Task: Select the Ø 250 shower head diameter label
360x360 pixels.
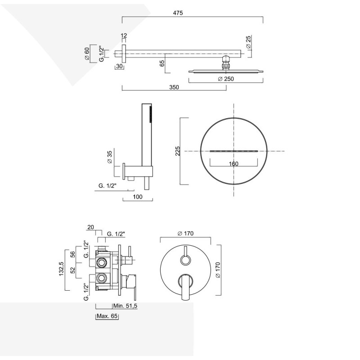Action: point(226,79)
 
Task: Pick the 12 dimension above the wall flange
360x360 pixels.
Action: point(124,36)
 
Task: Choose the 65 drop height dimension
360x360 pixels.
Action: point(162,64)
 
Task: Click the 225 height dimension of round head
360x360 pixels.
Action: point(178,151)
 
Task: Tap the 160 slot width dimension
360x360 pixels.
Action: point(234,163)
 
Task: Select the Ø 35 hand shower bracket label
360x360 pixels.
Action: point(109,157)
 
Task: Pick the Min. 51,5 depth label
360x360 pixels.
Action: point(125,306)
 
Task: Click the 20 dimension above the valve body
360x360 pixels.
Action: point(91,227)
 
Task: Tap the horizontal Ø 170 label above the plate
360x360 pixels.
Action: point(185,233)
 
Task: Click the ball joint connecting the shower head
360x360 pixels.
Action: point(226,62)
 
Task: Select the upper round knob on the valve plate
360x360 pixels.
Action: point(185,259)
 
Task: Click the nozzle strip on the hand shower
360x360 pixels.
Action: point(151,114)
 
